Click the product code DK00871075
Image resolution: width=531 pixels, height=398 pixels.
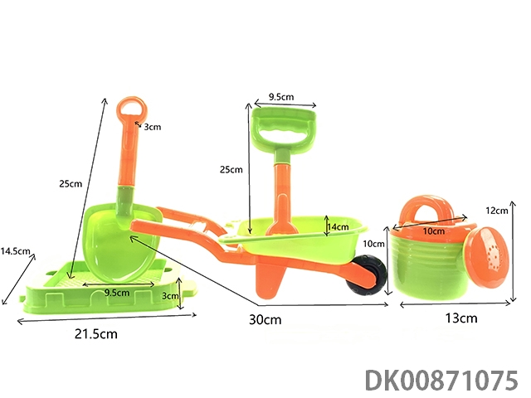tap(441, 381)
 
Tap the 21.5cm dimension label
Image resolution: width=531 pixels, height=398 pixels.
tap(96, 334)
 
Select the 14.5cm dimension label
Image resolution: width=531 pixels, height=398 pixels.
tap(15, 251)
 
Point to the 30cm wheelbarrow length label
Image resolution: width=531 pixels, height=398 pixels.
tap(265, 319)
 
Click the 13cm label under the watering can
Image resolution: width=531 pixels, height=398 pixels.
tap(461, 318)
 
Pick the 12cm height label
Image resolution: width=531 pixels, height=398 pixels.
tap(497, 211)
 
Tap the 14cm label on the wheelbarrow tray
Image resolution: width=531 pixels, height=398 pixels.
tap(338, 226)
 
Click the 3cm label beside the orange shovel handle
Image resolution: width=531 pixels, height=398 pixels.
tap(153, 127)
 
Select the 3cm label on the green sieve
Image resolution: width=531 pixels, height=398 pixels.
tap(169, 296)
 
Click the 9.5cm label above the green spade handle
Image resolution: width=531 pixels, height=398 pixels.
tap(281, 97)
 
